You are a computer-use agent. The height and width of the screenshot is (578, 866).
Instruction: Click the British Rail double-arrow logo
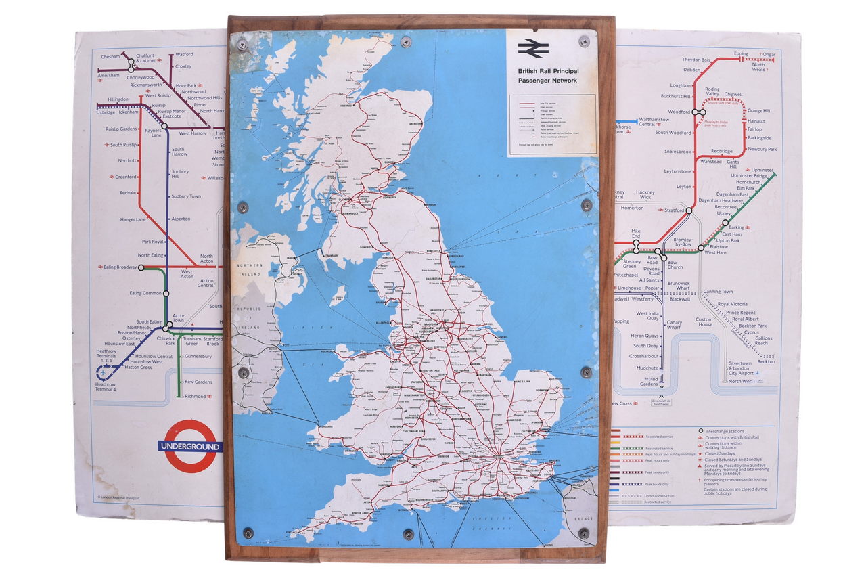pos(533,48)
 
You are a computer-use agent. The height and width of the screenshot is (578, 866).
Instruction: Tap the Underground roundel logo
pos(190,446)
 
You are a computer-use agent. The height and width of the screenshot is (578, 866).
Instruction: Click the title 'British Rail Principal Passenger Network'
pos(548,75)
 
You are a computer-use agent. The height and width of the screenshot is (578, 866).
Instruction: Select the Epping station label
pos(741,53)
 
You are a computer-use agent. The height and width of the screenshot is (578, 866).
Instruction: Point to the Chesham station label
pos(110,57)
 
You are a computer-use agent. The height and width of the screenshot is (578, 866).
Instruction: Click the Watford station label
pos(184,55)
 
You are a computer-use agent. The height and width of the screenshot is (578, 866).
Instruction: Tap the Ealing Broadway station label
pos(119,267)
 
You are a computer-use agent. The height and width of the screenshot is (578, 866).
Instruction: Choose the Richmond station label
pos(195,397)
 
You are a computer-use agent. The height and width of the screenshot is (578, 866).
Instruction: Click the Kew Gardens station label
pos(198,382)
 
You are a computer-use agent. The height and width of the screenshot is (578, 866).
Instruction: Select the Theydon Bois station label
pos(696,60)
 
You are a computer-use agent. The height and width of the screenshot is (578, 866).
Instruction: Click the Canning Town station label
pos(718,292)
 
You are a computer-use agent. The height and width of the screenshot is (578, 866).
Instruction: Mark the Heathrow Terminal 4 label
pos(106,388)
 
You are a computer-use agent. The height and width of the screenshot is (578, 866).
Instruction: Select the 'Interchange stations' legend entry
pos(727,430)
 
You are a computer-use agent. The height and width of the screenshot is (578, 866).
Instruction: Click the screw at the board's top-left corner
pos(242,45)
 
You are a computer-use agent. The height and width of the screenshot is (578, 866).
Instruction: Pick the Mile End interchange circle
pos(636,250)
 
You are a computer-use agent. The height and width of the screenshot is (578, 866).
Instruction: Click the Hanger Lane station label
pos(133,219)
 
